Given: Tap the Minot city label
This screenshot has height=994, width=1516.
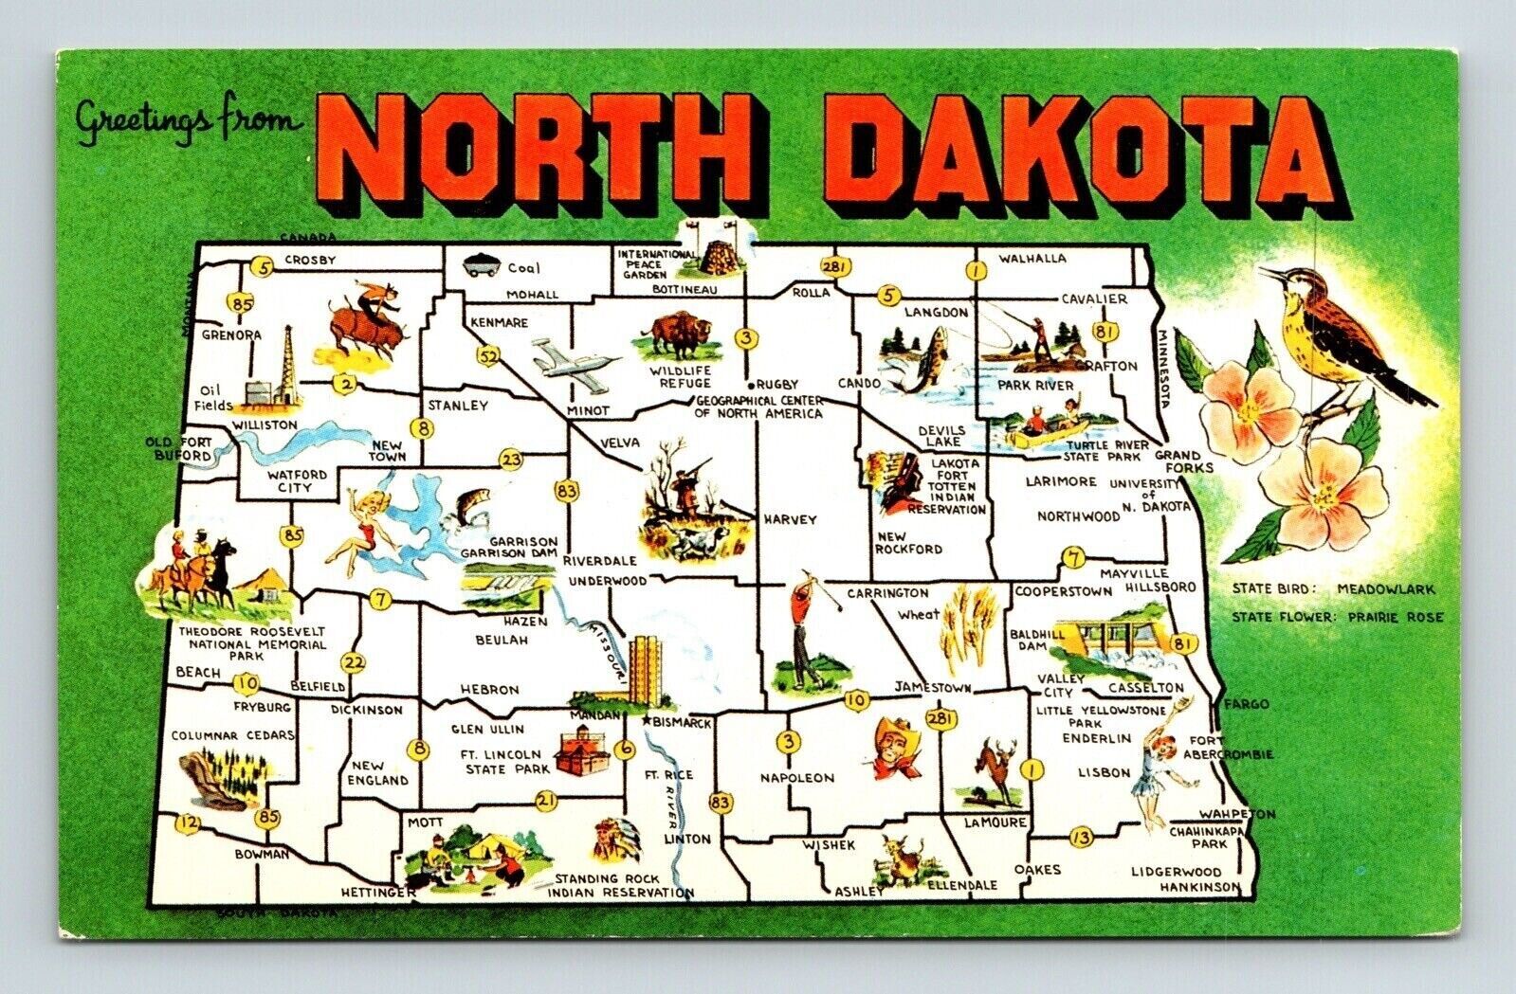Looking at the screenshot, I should [588, 411].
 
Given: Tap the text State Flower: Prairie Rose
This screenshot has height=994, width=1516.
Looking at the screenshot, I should [1337, 617].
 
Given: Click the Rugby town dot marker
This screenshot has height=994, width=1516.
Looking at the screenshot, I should [751, 387].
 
